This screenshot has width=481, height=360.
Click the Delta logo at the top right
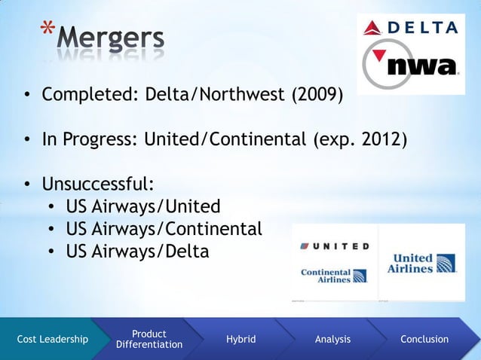[411, 28]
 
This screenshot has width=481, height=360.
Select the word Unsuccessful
[98, 185]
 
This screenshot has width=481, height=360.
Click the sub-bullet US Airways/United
[143, 206]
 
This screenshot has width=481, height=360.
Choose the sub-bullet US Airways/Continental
[164, 228]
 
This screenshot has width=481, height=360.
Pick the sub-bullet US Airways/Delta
[137, 251]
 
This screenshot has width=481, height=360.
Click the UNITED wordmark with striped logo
[335, 246]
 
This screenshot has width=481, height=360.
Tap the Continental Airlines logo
[333, 275]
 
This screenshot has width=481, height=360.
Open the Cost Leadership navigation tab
[52, 340]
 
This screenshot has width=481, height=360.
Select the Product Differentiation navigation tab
[149, 339]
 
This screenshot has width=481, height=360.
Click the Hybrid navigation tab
[240, 340]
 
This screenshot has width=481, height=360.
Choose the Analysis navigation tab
[332, 340]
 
